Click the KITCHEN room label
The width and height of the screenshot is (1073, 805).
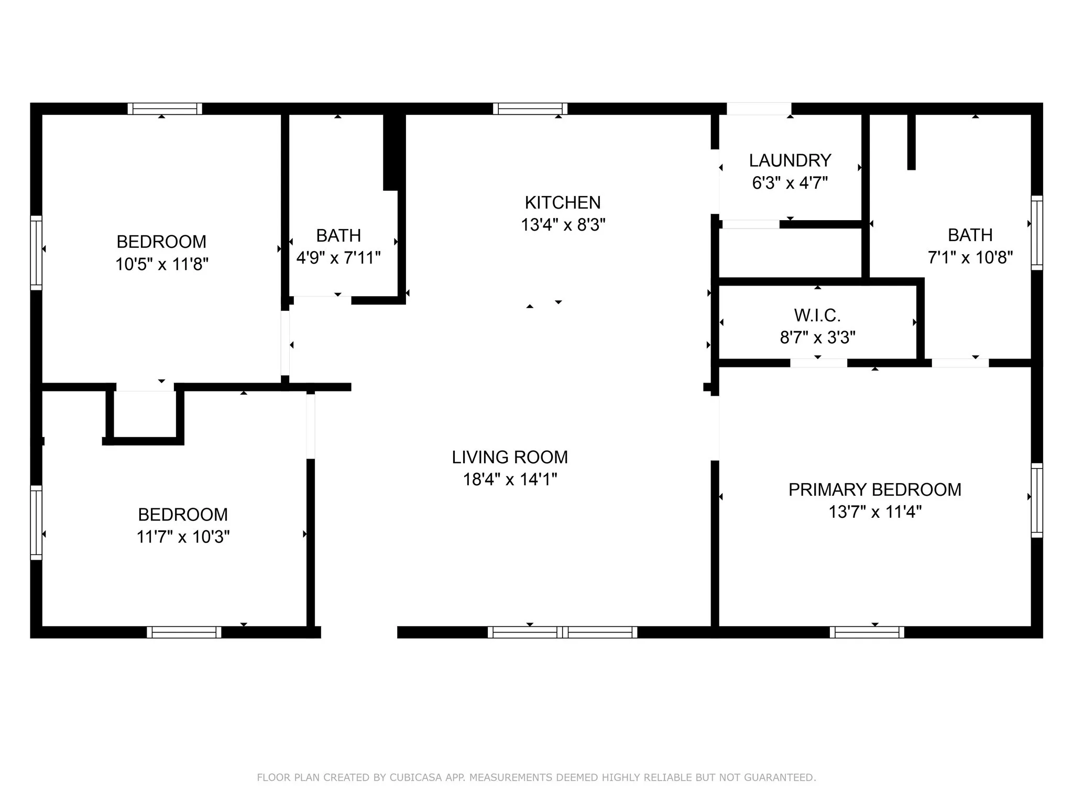point(563,202)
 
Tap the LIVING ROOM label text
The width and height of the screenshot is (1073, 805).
point(510,457)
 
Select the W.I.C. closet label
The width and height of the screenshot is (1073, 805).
point(817,315)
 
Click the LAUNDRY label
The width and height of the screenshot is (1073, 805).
point(790,160)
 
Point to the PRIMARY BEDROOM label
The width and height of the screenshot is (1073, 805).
point(875,489)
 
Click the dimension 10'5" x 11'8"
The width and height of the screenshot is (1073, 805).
point(162,264)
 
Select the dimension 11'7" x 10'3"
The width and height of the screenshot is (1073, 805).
point(183,537)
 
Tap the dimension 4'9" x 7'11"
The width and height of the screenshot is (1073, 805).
point(338,258)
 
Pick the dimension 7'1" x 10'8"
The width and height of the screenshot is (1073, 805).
point(970,257)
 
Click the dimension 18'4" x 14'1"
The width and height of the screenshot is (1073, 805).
point(510,480)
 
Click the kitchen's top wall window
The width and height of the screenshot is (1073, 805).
point(530,108)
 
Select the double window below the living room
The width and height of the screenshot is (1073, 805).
point(562,632)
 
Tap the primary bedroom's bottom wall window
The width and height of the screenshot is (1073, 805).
point(867,632)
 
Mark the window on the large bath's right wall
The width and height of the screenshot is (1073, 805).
point(1037,233)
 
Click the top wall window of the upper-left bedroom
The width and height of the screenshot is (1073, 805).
point(165,108)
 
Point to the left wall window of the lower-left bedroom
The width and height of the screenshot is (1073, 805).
point(36,522)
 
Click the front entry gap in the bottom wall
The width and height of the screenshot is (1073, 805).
point(359,632)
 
